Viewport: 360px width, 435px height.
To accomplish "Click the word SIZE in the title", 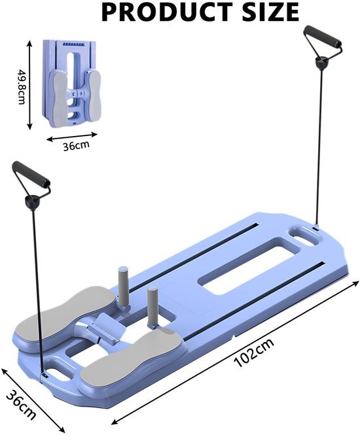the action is click(271, 12).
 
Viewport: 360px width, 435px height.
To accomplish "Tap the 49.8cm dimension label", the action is click(22, 86).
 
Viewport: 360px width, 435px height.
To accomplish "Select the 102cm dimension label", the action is click(254, 352).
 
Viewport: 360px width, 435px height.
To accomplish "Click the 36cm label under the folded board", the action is click(76, 145).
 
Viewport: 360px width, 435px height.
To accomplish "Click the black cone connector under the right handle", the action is click(321, 63).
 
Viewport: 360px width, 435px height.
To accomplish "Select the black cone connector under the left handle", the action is click(32, 202).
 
